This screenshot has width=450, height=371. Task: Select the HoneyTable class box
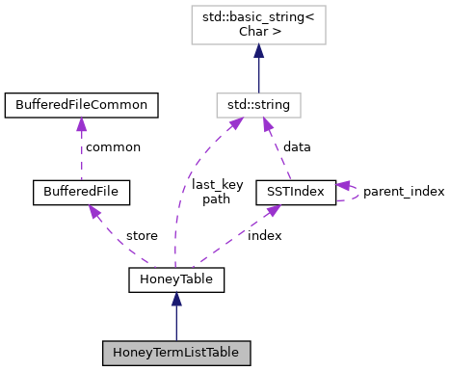point(176,280)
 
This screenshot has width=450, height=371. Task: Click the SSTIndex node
point(295,192)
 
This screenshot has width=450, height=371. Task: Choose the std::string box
point(257,102)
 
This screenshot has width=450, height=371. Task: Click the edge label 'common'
point(113,147)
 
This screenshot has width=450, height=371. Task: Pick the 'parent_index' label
point(404,192)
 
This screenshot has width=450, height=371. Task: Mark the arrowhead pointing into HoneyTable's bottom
point(176,300)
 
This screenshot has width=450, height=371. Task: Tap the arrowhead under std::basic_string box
point(258,50)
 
